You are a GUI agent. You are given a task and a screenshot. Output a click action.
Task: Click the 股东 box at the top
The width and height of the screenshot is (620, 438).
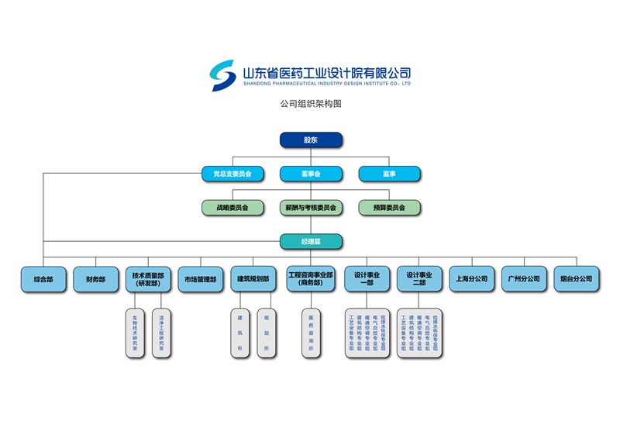311,140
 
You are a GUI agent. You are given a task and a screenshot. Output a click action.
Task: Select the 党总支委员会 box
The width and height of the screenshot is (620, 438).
232,174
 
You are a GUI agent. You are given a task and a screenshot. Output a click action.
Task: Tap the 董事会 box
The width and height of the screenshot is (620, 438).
311,174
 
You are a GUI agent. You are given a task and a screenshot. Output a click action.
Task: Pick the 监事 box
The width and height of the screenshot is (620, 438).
389,174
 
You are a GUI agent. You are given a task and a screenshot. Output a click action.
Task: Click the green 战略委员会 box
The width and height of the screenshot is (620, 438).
232,208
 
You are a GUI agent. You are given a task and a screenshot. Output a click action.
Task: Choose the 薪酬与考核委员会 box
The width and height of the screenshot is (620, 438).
311,208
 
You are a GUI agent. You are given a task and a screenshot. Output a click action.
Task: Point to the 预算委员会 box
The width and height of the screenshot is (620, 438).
389,208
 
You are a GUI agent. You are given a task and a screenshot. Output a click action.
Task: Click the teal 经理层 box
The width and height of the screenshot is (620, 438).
311,242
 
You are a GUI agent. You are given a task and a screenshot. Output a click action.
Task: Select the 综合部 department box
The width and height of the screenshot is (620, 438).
43,279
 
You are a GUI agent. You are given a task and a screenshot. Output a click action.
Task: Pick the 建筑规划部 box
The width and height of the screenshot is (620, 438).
253,279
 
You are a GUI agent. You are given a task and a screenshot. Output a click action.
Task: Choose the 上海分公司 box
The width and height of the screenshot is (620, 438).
472,279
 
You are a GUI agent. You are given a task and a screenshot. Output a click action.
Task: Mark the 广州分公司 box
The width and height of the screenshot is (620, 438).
524,279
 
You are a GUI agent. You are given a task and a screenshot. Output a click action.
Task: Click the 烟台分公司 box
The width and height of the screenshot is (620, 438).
576,279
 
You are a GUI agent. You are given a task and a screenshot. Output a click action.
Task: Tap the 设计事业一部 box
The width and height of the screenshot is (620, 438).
366,279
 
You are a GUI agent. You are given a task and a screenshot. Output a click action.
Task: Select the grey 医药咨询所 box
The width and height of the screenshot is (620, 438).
311,333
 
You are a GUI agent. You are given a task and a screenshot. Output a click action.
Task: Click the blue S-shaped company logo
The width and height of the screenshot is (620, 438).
223,74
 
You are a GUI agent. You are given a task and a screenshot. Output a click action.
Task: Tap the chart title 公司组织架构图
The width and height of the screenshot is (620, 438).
311,103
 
